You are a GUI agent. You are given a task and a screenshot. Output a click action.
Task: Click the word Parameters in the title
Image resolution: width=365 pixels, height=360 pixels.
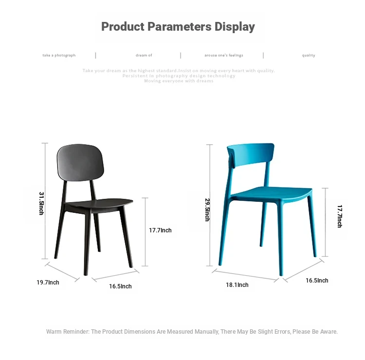179,27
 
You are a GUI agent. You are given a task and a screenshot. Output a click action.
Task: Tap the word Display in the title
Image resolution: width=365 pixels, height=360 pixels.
235,27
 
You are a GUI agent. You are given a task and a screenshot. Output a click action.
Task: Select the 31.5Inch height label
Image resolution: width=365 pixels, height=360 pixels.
41,203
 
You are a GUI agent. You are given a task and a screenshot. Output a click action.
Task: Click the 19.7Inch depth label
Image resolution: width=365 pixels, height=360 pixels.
48,283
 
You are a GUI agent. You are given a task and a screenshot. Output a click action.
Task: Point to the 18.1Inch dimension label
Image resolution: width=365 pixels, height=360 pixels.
237,285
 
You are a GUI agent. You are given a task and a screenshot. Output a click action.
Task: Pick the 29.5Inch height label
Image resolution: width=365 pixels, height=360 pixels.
207,209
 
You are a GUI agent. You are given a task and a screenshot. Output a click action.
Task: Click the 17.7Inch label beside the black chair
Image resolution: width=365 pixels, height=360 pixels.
160,230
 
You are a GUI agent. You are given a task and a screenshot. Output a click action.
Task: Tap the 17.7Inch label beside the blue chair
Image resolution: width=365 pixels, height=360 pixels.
340,216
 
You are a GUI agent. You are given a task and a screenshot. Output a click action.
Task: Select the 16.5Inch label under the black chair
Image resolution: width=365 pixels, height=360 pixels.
120,286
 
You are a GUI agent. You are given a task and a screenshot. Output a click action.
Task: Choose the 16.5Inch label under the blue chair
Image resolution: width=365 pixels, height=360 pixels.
317,280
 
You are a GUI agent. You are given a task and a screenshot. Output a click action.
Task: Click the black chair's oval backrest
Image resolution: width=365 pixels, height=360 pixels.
80,162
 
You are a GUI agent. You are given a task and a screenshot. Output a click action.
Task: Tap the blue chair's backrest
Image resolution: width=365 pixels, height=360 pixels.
252,154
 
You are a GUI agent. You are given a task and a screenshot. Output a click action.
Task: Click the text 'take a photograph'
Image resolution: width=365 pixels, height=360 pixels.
59,55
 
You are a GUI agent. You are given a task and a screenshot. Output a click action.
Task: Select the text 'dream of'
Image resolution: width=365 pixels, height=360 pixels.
144,55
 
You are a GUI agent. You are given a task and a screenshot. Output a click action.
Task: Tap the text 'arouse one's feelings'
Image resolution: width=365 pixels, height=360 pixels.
224,55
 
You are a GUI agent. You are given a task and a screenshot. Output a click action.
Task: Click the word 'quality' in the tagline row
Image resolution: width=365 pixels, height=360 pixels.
309,56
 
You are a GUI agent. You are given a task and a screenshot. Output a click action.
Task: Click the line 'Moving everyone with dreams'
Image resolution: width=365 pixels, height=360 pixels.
179,81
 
